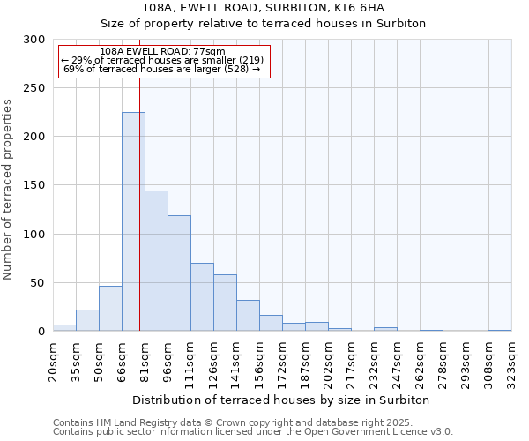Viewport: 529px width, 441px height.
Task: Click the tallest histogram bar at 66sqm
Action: click(x=133, y=221)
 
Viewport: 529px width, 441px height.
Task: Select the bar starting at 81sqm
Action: click(x=156, y=261)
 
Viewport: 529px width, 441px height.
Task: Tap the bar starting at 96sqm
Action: click(x=179, y=273)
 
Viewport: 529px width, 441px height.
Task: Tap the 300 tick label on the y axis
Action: click(x=34, y=40)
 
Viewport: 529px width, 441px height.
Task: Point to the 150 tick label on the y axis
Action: click(x=34, y=185)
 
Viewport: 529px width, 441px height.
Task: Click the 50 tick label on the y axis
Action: click(x=38, y=283)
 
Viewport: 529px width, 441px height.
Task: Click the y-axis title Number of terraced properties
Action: click(x=9, y=189)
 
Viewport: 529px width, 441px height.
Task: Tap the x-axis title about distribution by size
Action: click(x=281, y=400)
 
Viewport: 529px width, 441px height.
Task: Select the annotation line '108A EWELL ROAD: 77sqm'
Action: click(x=163, y=52)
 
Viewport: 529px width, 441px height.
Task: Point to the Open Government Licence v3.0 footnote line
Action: click(x=253, y=432)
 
